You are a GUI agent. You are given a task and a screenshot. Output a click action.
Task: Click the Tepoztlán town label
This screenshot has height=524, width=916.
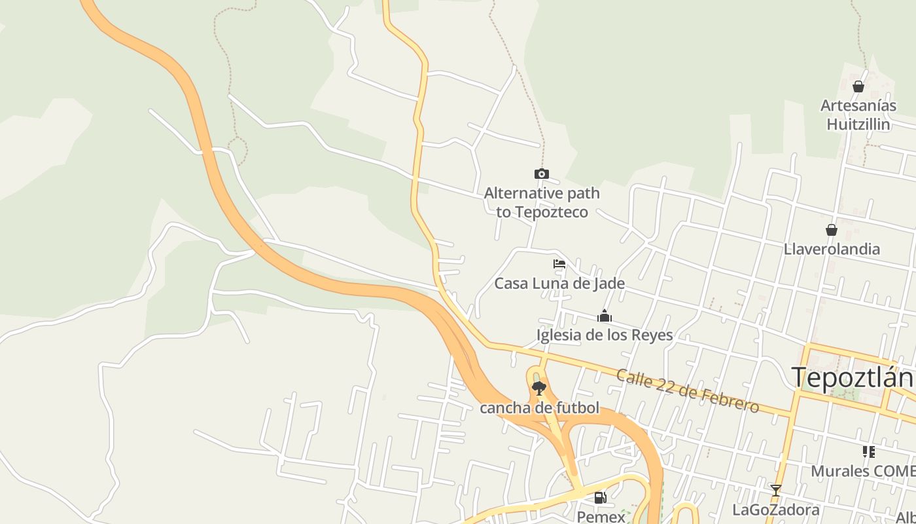coord(853,378)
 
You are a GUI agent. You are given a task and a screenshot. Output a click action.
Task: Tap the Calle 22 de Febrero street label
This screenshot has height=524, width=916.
coord(687,391)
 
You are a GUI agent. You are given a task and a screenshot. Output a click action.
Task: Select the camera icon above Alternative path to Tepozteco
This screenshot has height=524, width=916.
coord(541,174)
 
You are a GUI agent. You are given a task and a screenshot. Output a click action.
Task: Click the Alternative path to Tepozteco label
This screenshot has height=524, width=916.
coord(542,202)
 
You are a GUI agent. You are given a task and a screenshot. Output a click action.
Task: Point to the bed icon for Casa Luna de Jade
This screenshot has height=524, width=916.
coord(559,265)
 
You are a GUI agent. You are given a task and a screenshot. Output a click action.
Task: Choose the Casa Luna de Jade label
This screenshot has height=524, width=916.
coord(559,284)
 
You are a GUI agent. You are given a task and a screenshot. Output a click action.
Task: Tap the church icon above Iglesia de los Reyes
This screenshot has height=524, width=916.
coord(604,317)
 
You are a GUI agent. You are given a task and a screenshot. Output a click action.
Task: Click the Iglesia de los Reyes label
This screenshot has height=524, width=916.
coord(605,335)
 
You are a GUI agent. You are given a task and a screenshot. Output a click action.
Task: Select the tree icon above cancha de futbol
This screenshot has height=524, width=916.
coord(539,389)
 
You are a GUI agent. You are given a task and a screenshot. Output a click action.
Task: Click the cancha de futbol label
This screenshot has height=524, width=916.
coord(539,408)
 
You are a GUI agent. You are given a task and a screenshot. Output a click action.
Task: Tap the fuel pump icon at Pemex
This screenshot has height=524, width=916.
coord(600,498)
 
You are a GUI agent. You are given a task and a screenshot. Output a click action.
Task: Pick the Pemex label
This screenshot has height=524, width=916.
coord(601,517)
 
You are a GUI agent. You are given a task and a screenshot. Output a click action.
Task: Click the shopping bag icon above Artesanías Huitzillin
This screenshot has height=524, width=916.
coord(858,86)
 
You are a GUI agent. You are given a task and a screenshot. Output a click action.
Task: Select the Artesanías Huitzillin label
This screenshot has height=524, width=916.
coord(858,115)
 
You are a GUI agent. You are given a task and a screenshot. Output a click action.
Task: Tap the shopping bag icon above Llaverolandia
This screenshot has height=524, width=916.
coord(832,230)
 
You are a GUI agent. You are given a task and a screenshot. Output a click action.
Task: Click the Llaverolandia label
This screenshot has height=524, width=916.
coord(832,249)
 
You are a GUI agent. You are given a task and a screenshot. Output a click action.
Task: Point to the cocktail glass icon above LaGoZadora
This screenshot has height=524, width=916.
coord(776,490)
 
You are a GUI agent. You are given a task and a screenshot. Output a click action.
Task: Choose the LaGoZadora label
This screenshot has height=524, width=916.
coord(776,510)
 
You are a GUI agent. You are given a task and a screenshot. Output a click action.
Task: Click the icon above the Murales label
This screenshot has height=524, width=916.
coord(869,452)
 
